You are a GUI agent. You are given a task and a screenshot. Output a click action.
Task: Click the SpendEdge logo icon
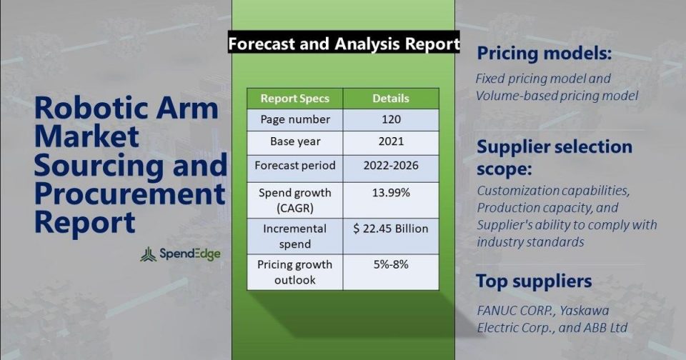point(149,254)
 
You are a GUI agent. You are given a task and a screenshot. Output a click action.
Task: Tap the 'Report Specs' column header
point(295,99)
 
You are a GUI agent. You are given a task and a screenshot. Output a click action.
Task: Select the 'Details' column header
point(391,99)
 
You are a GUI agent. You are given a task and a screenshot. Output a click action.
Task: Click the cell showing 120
point(391,119)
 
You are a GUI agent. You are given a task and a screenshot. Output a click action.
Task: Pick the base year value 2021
point(391,141)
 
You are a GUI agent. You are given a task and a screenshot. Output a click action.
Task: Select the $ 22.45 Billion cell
point(391,236)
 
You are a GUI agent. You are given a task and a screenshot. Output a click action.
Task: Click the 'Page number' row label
point(295,119)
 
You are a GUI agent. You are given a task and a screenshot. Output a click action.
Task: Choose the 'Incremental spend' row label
point(295,236)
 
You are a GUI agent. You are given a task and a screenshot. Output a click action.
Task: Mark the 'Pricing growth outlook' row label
point(295,272)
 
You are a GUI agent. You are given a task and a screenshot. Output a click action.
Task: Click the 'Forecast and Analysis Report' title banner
point(344,44)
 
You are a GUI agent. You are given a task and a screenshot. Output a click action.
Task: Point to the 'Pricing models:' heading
point(544,54)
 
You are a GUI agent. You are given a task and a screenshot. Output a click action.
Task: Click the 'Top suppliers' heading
point(534,281)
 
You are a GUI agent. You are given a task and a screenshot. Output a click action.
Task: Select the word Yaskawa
point(584,311)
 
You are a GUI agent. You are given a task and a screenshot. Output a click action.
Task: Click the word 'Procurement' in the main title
point(129,194)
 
